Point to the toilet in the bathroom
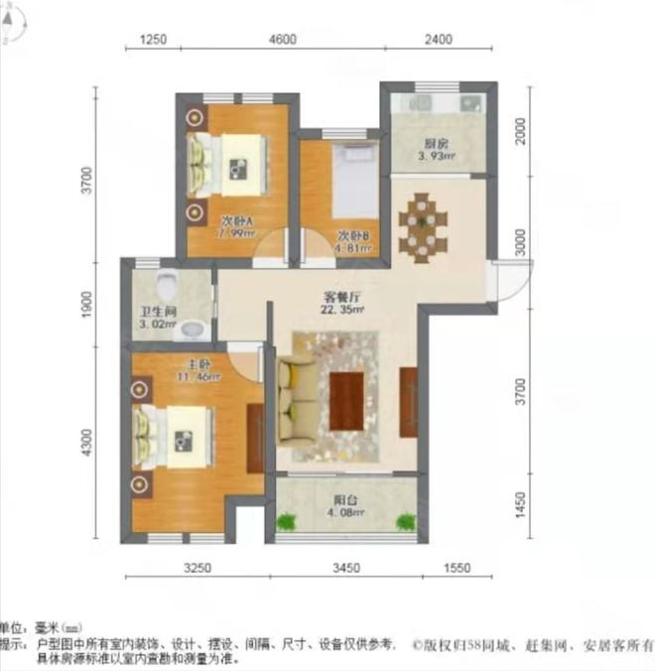pyautogui.click(x=169, y=285)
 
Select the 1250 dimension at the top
pyautogui.click(x=152, y=40)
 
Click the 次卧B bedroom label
pyautogui.click(x=354, y=235)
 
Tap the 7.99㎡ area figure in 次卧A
pyautogui.click(x=234, y=234)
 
